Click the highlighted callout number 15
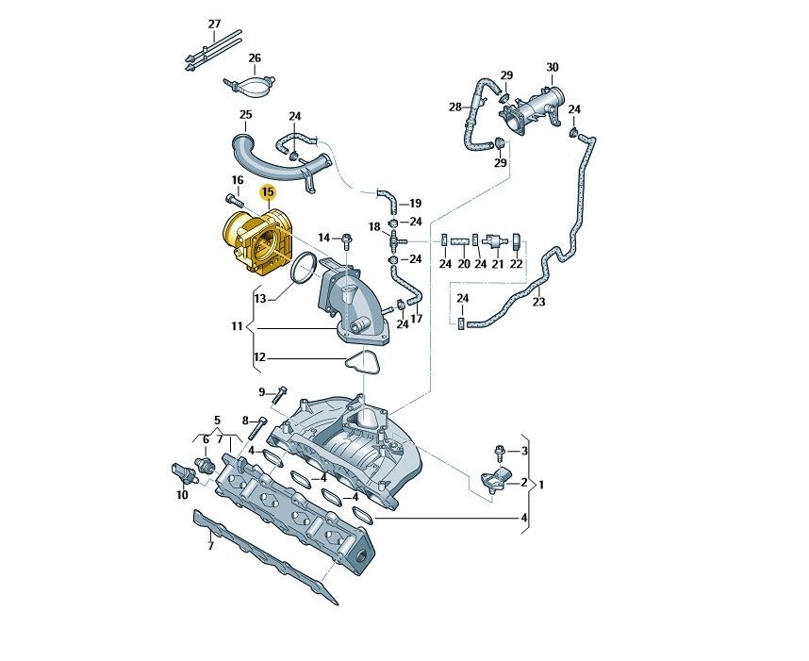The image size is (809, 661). pos(267,193)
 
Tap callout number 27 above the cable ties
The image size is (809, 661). pos(214,24)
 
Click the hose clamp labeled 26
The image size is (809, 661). pos(250,87)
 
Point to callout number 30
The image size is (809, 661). pos(553,67)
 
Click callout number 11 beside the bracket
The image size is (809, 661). pos(237,327)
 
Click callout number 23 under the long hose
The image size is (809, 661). pos(538,303)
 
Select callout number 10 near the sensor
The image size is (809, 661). pos(182,494)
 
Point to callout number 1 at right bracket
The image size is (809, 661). pos(541,485)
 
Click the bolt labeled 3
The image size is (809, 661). pos(501,452)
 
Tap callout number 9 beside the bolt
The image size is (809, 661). pos(262,391)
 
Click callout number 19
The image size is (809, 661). pos(415,203)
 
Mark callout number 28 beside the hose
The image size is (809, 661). pos(455,107)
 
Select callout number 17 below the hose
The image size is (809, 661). pos(416,319)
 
